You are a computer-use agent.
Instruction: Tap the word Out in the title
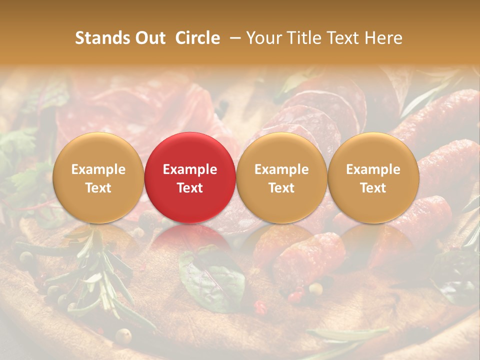[x=149, y=38]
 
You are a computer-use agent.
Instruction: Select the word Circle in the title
[x=197, y=38]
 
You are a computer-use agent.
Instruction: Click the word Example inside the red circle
[x=190, y=169]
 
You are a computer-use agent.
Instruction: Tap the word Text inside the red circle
[x=190, y=188]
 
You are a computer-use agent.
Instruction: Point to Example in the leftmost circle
[x=98, y=169]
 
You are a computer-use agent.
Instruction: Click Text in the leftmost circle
[x=98, y=188]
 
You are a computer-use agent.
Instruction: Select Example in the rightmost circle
[x=373, y=169]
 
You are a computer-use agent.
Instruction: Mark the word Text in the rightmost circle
[x=373, y=188]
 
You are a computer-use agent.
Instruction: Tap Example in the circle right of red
[x=281, y=169]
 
